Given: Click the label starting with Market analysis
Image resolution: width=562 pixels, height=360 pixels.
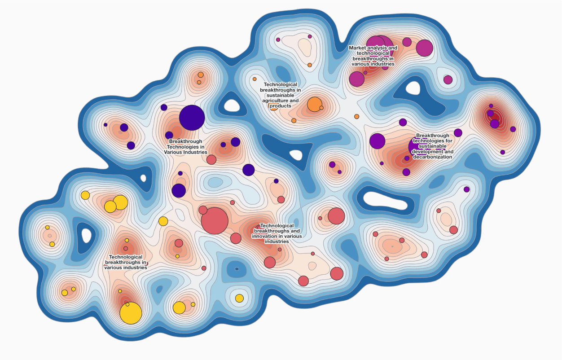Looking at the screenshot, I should tap(373, 56).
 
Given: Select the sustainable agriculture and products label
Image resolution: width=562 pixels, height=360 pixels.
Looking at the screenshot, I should tap(281, 95).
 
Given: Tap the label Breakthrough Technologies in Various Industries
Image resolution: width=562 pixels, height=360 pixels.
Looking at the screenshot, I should tap(185, 147).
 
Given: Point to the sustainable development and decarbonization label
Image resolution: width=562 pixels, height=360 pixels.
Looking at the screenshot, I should tap(432, 146).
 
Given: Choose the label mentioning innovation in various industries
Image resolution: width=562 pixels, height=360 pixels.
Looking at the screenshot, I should tap(277, 233).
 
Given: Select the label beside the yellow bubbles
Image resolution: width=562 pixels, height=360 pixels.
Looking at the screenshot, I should tap(126, 262).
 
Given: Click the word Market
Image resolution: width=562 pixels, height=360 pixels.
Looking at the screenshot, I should tap(358, 48).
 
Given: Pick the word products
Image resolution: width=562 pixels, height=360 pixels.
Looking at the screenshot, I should tap(281, 106).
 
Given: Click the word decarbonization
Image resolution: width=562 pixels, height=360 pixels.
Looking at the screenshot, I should tap(433, 157).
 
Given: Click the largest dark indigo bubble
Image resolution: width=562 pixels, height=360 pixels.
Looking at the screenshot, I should tap(192, 118).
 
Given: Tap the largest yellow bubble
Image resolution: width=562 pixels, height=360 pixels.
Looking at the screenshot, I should tap(131, 313).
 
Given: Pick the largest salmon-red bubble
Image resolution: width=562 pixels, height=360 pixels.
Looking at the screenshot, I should tap(215, 220).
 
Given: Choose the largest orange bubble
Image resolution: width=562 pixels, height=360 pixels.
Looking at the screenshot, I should tap(314, 105).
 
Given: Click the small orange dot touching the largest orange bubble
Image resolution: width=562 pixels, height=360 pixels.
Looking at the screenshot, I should tap(321, 108).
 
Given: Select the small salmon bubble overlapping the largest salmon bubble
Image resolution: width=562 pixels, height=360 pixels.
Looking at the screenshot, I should tap(203, 210).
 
